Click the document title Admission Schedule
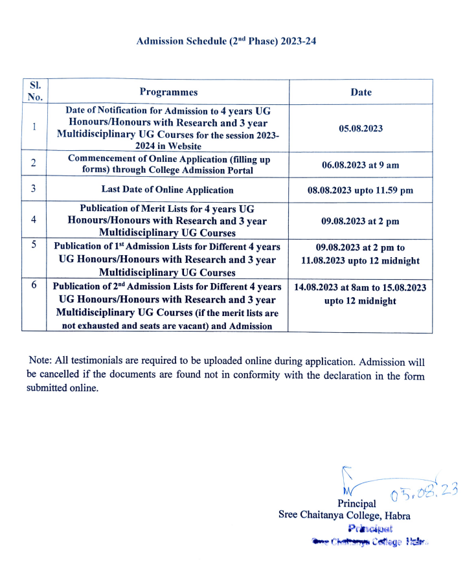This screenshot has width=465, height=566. pos(226,41)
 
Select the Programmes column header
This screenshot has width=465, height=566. pos(168,92)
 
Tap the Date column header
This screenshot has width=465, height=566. pos(361,92)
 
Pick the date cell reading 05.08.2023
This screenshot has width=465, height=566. pos(361,128)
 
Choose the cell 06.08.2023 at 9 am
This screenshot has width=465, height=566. pos(361,164)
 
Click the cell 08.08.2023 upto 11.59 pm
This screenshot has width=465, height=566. pos(361,190)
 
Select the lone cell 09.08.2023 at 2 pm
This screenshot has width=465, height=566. pos(361,221)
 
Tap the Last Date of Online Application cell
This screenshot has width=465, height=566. pos(168,190)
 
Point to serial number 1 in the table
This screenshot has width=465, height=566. pos(34,127)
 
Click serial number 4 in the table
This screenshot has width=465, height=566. pos(34,220)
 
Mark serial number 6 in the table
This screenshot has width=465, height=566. pos(34,285)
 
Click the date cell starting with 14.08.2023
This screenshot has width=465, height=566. pos(361,294)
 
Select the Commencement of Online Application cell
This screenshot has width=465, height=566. pos(169,164)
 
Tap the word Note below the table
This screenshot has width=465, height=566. pos(40,361)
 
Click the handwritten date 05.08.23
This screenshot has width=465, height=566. pos(424,493)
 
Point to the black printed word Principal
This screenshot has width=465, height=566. pos(356,503)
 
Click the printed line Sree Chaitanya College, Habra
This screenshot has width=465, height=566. pos(344,515)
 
